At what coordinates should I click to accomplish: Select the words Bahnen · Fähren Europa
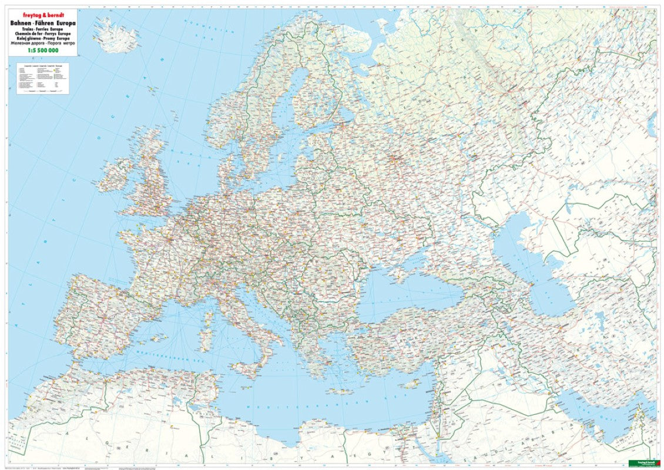(x=39, y=22)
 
